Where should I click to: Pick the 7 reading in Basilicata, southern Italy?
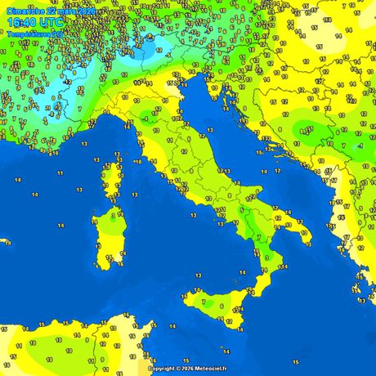coord(258,236)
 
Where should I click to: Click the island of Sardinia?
coord(106,237)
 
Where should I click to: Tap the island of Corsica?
coord(113,180)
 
